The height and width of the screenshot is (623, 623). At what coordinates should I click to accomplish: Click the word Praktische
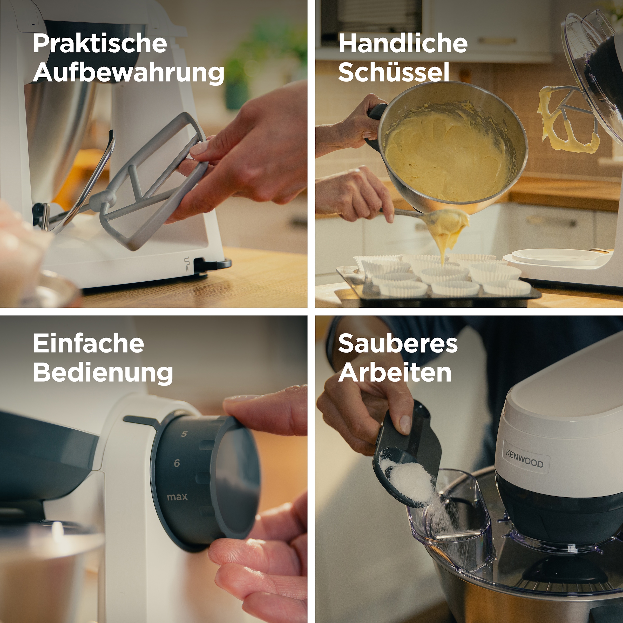(100, 44)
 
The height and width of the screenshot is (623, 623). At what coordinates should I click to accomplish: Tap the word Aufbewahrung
(128, 73)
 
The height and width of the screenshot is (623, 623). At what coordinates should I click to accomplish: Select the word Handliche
(403, 44)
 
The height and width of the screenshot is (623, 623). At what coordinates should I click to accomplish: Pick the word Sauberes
(398, 344)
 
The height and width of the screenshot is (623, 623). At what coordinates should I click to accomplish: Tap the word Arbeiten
(395, 373)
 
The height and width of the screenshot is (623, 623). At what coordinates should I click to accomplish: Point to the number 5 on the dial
(184, 434)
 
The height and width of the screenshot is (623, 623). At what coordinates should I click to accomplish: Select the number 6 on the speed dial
(177, 463)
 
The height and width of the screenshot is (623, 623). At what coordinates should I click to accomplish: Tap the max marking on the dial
(177, 497)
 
